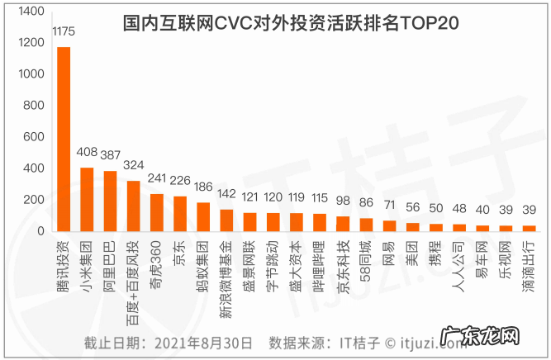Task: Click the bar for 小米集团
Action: (87, 199)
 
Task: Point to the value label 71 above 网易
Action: (390, 204)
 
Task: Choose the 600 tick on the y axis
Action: (33, 137)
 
